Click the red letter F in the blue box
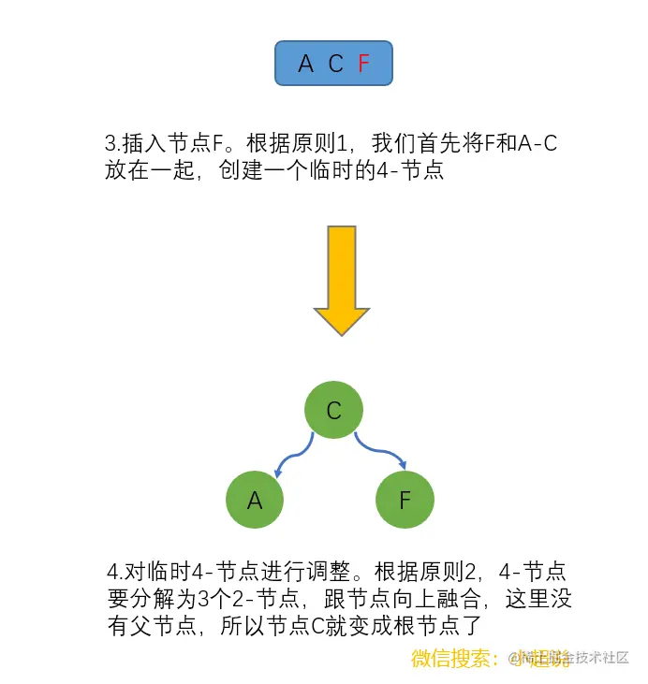[x=364, y=65]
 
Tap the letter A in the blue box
[x=305, y=65]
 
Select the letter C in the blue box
[x=335, y=65]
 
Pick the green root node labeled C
[x=333, y=410]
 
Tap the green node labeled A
[x=255, y=500]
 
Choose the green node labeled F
[x=405, y=500]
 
